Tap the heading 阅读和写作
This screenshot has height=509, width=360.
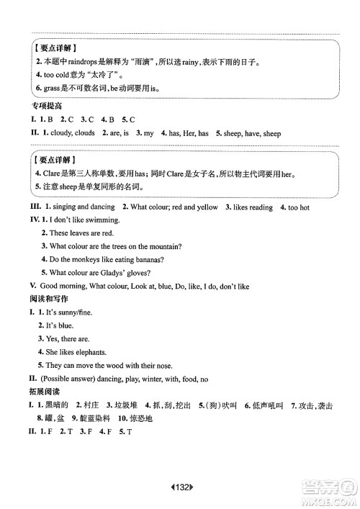45,299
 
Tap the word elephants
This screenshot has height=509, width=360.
90,352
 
